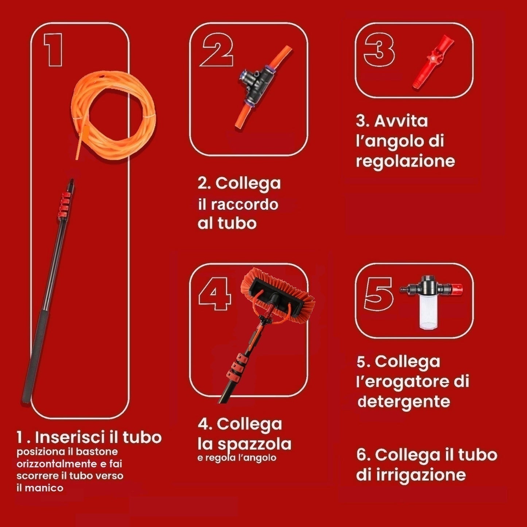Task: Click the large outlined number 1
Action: coord(54,50)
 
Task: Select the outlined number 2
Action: coord(217,50)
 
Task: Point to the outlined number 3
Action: coord(379,50)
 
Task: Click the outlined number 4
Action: coord(215,294)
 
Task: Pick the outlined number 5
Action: coord(379,294)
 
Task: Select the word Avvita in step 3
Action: coord(401,121)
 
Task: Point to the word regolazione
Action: coord(405,161)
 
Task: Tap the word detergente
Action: coord(404,402)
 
